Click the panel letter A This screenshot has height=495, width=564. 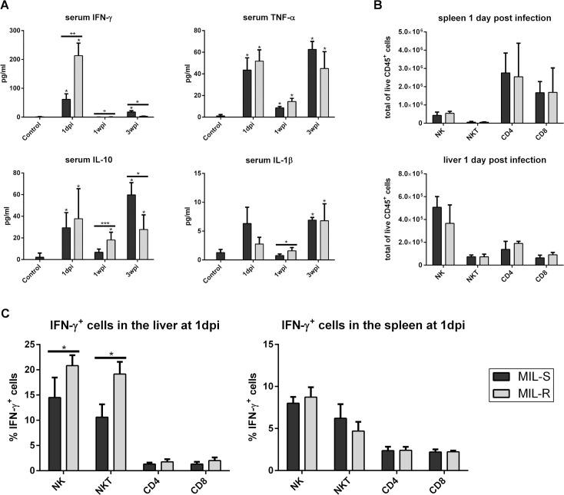(6, 6)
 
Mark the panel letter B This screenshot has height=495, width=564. (377, 6)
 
